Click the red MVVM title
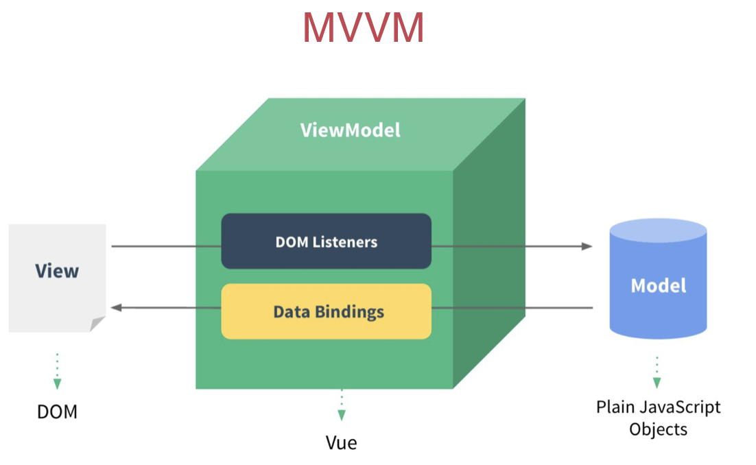364,28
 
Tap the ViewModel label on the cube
350,130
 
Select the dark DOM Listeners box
326,241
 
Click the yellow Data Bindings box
326,312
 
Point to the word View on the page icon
57,271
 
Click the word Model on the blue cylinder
658,285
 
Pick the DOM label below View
57,412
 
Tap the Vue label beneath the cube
341,443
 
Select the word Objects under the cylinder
658,429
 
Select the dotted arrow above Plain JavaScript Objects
657,372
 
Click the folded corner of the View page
98,324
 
